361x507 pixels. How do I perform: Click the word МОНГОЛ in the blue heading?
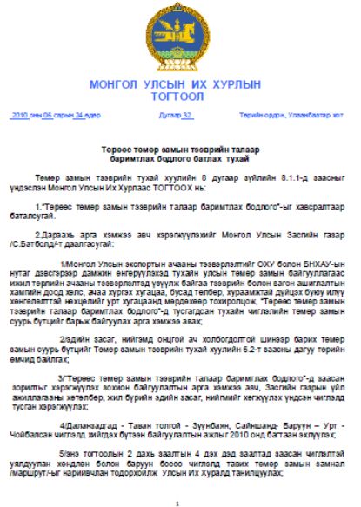pos(119,85)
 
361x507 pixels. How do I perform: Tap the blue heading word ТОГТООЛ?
pos(179,97)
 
